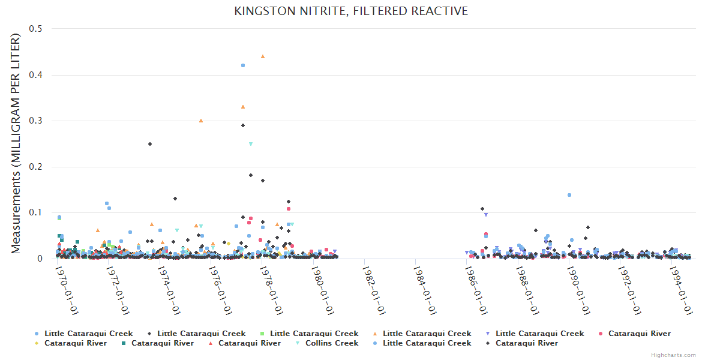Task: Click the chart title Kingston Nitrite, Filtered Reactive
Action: [x=351, y=11]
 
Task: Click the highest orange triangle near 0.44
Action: [x=263, y=56]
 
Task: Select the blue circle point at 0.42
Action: [x=243, y=65]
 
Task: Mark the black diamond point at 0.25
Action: [x=150, y=144]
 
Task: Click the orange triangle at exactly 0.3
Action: [x=201, y=121]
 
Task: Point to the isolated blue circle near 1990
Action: [x=569, y=195]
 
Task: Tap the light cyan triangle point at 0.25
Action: [x=251, y=144]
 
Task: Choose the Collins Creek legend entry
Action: [x=332, y=343]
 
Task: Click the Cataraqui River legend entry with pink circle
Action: [x=639, y=334]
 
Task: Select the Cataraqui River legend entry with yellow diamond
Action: [x=75, y=343]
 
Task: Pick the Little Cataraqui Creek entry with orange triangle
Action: [x=427, y=334]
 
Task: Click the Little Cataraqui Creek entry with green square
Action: [x=314, y=334]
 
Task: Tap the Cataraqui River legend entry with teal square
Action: [x=163, y=343]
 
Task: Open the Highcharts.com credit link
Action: [x=673, y=355]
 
